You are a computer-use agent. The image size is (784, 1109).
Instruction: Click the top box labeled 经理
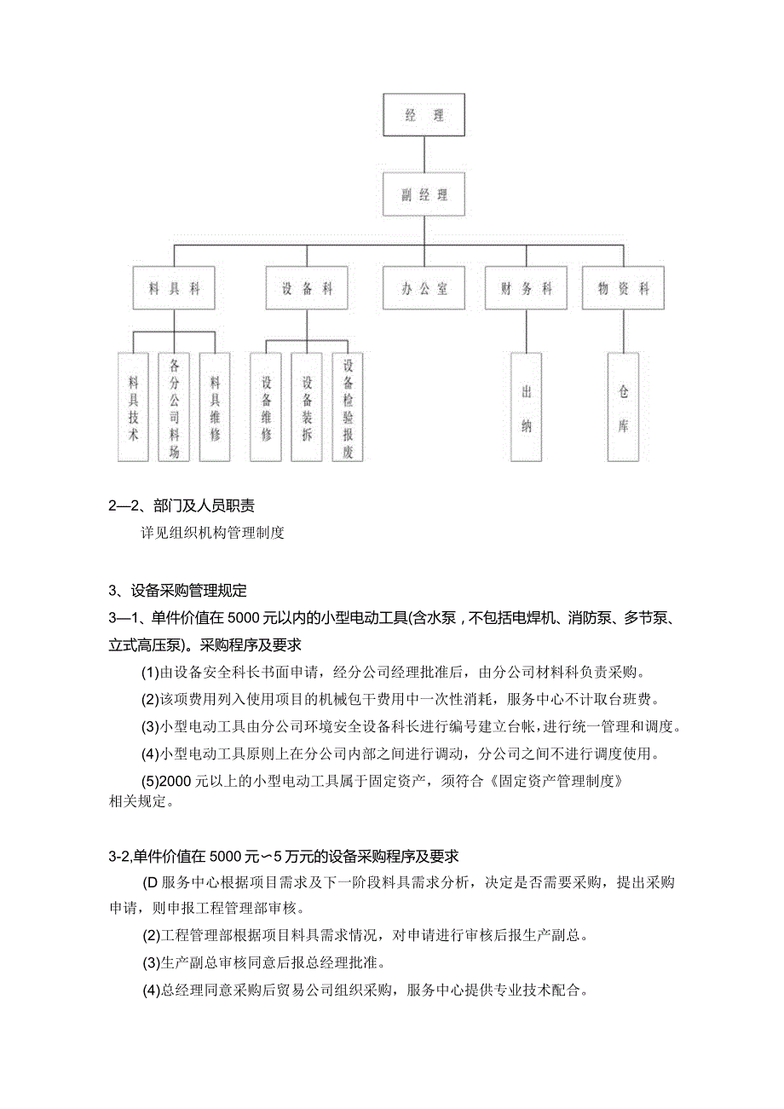tap(424, 115)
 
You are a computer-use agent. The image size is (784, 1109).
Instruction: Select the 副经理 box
tap(424, 195)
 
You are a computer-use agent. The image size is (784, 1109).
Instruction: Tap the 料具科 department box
tap(175, 289)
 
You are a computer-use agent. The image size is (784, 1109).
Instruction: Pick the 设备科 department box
tap(307, 289)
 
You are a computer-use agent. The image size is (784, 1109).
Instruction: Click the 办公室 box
tap(424, 289)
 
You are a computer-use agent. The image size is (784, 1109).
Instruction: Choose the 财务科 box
tap(526, 289)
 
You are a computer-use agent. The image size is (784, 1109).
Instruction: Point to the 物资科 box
tap(623, 289)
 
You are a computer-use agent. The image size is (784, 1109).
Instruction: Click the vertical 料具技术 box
tap(133, 407)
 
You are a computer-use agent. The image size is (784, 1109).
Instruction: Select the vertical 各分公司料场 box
tap(174, 407)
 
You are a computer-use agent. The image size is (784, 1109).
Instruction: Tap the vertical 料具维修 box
tap(215, 407)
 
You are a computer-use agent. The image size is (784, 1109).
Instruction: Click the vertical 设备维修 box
tap(266, 407)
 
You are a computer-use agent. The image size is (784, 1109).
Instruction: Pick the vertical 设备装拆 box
tap(307, 407)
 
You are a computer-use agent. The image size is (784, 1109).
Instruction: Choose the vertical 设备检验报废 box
tap(348, 407)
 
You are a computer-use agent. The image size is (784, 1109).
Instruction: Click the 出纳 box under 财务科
tap(526, 407)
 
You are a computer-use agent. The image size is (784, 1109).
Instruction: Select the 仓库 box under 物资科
tap(623, 407)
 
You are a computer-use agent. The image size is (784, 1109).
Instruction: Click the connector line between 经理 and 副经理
tap(424, 155)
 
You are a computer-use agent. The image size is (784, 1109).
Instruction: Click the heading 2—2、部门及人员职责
tap(182, 506)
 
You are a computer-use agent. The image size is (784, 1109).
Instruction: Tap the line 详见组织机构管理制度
tap(212, 534)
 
